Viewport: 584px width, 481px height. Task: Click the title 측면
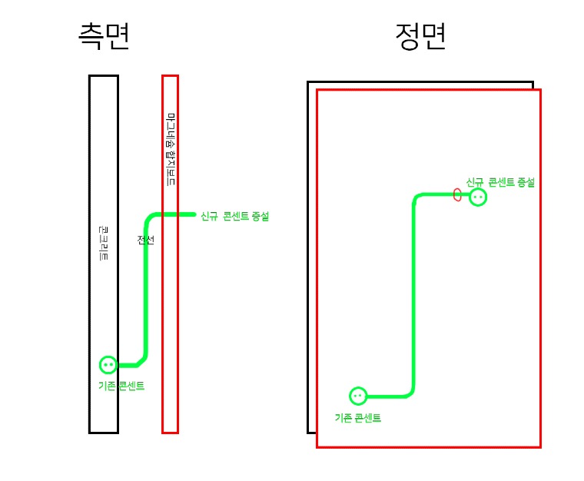click(x=104, y=36)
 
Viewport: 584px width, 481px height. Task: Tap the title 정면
click(x=420, y=36)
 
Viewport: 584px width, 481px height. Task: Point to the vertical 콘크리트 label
click(x=104, y=244)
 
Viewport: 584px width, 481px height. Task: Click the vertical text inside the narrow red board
click(x=171, y=151)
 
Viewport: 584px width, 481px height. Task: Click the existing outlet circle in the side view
click(x=108, y=365)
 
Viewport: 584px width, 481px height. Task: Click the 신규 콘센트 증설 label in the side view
click(x=234, y=217)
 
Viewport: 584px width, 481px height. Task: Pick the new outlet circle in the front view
click(x=478, y=197)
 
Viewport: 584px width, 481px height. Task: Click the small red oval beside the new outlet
click(x=458, y=194)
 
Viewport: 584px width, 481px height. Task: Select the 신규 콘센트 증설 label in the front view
click(x=499, y=182)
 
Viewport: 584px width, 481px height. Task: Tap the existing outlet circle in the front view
click(x=358, y=396)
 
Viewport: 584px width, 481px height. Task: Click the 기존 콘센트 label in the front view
click(x=358, y=418)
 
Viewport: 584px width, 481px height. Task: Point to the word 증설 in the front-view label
click(x=526, y=182)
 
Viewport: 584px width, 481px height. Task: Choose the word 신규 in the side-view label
click(x=209, y=217)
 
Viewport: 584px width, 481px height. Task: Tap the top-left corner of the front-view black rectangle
click(x=308, y=82)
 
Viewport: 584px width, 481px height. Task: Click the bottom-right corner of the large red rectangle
click(x=540, y=446)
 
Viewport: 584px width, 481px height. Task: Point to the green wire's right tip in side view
click(x=194, y=214)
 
